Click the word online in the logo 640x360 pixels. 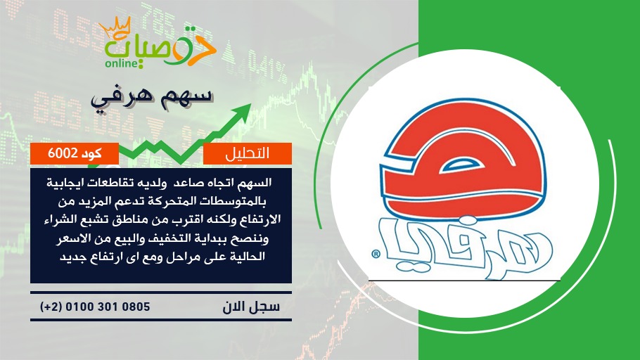coord(121,64)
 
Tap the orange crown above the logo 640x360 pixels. coord(115,27)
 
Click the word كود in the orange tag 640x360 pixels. coord(91,153)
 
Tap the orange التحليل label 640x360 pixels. coord(248,153)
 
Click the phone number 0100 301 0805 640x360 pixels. coord(108,307)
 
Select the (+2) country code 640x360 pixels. coord(51,307)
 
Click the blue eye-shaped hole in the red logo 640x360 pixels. coord(463,165)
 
